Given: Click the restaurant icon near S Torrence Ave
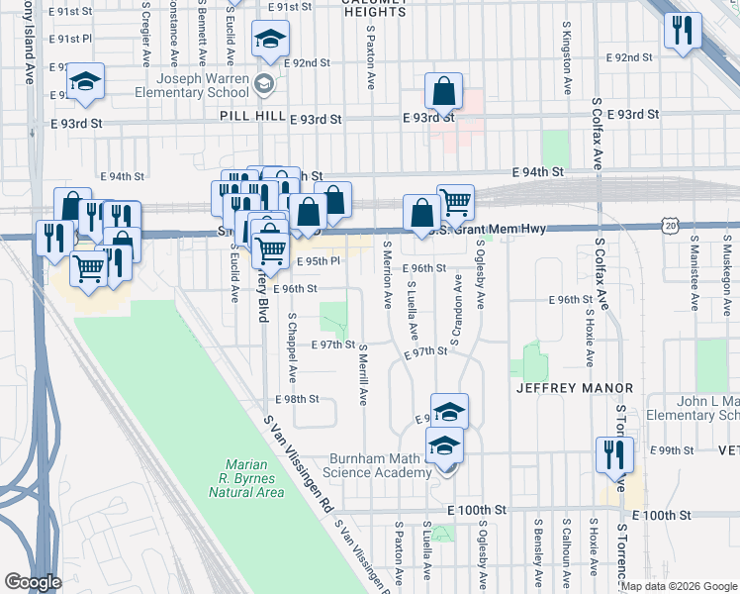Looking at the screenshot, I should click(x=614, y=453).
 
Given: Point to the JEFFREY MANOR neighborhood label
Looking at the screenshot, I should click(x=558, y=389).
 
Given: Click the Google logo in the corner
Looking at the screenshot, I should click(x=33, y=582).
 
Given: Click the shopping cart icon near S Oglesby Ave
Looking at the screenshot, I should click(x=455, y=202).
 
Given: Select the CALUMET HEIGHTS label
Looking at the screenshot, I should click(x=364, y=13).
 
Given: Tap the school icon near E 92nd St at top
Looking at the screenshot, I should click(x=267, y=40).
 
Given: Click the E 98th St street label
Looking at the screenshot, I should click(x=298, y=399).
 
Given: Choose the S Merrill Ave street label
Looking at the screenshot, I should click(x=363, y=375).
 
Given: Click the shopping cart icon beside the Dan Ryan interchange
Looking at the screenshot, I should click(x=89, y=266).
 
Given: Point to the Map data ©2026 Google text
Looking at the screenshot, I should click(x=679, y=586).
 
